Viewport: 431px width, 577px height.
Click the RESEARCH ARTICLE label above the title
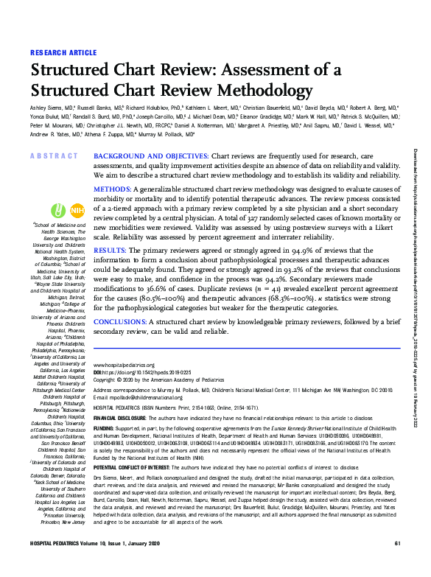(x=64, y=53)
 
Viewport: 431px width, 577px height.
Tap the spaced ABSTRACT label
(x=54, y=156)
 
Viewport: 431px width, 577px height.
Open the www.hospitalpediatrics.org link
(x=124, y=366)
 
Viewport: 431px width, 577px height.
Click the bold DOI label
(x=99, y=373)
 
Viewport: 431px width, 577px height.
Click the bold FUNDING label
(x=104, y=427)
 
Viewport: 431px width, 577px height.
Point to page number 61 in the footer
(x=397, y=564)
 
